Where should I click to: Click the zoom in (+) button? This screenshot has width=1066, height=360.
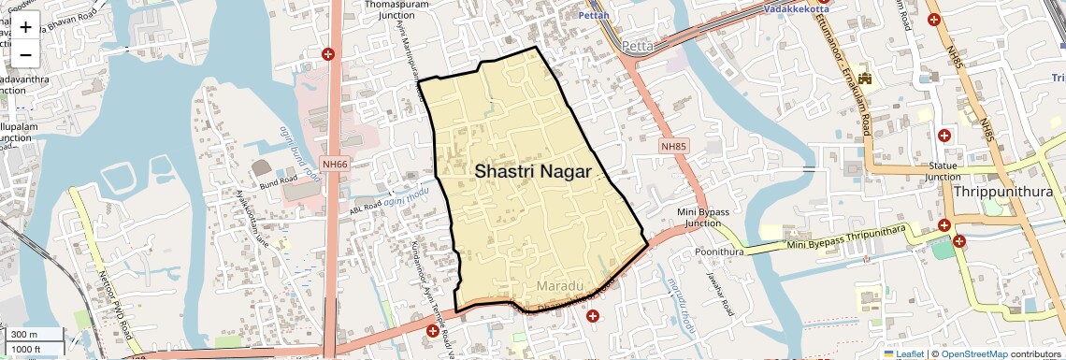(x=25, y=27)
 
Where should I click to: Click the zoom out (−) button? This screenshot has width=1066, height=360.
(x=25, y=54)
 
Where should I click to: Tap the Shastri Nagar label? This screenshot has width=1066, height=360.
(x=532, y=171)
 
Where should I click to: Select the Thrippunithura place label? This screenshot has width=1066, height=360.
(x=1004, y=192)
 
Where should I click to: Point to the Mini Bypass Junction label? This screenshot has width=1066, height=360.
(x=705, y=218)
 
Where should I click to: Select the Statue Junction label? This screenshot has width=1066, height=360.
(x=943, y=170)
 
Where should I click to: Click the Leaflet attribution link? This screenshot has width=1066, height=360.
(x=903, y=353)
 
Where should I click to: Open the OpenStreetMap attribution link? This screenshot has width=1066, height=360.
(x=973, y=353)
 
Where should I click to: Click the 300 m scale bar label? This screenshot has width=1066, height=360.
(x=24, y=335)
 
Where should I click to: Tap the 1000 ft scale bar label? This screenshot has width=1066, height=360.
(x=26, y=349)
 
